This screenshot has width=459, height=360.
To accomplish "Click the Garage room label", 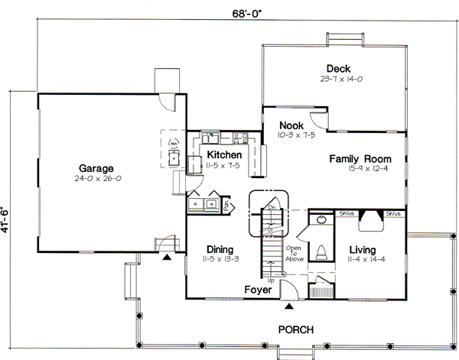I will (96, 168).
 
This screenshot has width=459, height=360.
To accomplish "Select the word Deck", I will (337, 68).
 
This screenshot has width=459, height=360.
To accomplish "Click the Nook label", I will (291, 125).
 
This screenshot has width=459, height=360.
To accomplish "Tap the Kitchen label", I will (224, 155).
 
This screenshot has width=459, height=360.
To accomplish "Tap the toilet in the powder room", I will (322, 251).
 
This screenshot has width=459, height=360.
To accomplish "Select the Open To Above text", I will (295, 254).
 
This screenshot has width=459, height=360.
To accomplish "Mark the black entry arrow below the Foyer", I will (288, 306).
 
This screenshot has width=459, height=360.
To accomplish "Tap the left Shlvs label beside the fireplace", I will (344, 214).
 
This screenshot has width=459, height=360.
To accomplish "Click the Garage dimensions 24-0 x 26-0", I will (96, 178).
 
